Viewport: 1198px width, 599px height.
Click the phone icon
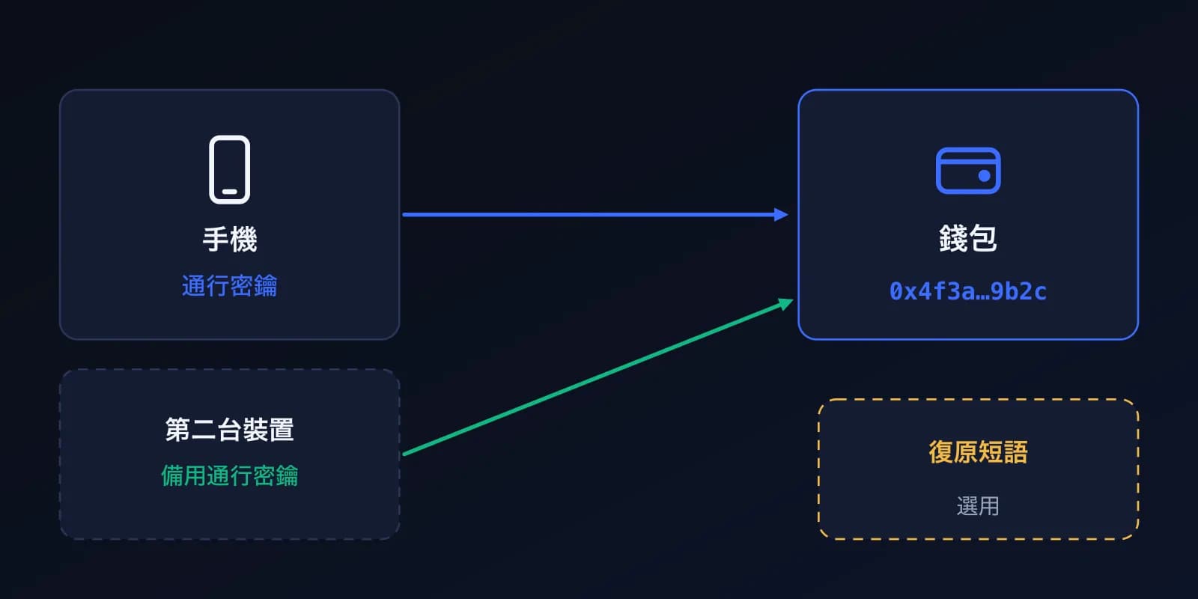229,169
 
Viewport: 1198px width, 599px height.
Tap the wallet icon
968,171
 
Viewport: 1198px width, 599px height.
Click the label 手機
229,239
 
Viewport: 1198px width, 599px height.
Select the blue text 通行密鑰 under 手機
229,285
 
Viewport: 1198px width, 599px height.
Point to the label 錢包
968,238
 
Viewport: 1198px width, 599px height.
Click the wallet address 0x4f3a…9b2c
968,291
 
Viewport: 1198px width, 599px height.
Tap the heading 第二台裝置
229,430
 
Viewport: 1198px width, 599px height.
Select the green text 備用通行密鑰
229,475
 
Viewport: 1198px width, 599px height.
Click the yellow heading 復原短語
978,452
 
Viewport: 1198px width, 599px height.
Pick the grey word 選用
978,506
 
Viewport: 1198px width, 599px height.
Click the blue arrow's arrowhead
781,214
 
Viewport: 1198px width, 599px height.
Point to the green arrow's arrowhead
785,304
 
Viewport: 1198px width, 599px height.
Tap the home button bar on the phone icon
229,192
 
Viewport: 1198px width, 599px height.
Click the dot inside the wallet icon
984,176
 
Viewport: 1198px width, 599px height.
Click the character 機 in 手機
244,239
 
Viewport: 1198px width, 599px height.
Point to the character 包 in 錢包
983,238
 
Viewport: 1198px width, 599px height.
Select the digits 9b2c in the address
1018,291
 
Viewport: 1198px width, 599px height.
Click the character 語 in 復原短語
1016,452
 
